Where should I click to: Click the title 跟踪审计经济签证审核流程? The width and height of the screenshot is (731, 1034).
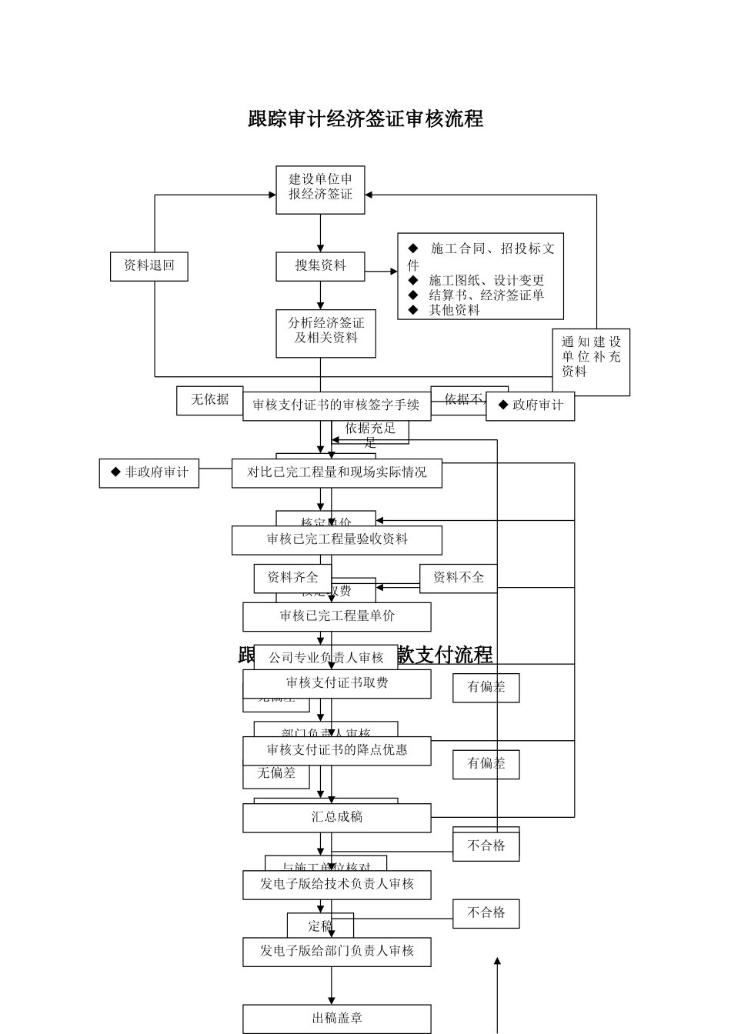click(365, 119)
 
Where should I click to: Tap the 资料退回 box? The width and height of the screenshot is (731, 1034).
click(149, 266)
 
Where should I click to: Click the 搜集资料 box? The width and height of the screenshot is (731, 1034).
click(320, 266)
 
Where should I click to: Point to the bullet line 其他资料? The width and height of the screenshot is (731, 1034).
click(454, 310)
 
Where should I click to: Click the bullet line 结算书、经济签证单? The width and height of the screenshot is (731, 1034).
click(486, 295)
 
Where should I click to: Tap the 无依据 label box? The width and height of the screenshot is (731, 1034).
click(209, 400)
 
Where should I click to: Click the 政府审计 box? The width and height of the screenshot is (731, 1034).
click(531, 405)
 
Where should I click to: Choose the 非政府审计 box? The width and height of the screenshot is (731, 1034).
click(149, 473)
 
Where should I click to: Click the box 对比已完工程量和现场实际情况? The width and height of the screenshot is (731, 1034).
click(336, 473)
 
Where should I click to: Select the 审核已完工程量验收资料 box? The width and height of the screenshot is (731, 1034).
click(336, 540)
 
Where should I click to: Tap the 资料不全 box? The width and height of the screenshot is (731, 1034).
click(458, 578)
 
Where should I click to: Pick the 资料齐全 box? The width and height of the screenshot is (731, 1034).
click(292, 578)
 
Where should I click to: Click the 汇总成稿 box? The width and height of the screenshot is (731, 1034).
click(336, 818)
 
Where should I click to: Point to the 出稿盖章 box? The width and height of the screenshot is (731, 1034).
click(336, 1019)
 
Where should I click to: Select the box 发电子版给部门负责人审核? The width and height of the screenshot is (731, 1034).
click(336, 952)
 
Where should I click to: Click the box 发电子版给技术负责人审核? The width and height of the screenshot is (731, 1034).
click(336, 885)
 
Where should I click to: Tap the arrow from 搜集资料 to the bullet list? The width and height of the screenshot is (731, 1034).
click(382, 272)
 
